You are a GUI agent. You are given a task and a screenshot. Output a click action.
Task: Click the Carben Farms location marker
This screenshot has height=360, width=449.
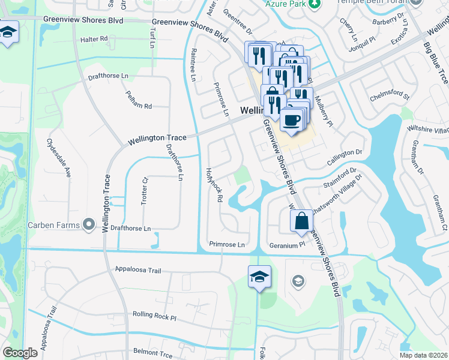point(89,225)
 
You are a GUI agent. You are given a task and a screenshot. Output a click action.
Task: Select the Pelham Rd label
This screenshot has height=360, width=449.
point(139,99)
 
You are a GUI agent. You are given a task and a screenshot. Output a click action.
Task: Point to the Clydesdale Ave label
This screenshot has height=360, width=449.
point(59,158)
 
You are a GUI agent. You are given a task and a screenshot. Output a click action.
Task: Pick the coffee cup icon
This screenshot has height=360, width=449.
point(292,119)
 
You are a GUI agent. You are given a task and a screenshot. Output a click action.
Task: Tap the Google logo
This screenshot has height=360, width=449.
point(20,353)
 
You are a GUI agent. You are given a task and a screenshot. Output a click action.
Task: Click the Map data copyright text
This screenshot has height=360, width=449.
point(423,355)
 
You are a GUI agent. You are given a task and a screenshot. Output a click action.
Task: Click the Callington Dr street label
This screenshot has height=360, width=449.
point(345,158)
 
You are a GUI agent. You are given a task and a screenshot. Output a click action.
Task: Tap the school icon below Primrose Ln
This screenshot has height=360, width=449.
point(259,277)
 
